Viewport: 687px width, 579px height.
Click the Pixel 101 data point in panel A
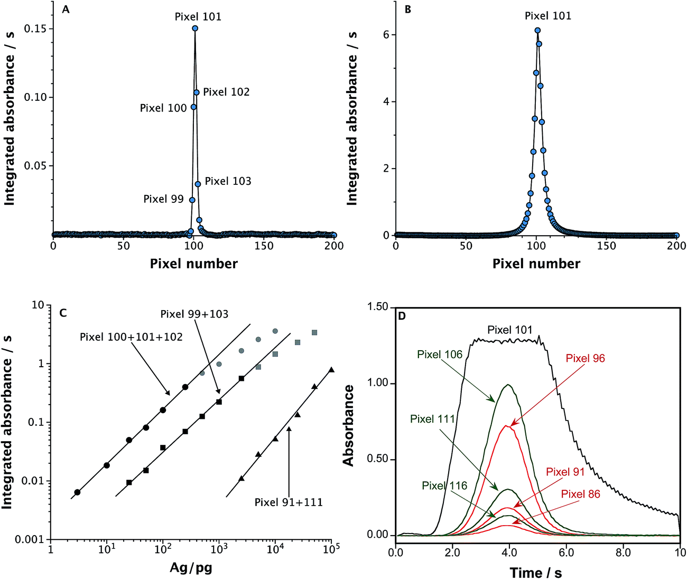click(x=195, y=29)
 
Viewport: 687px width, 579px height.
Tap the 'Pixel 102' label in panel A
click(x=226, y=92)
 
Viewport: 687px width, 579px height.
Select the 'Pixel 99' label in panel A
click(x=163, y=199)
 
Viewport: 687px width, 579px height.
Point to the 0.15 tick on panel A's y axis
click(x=35, y=29)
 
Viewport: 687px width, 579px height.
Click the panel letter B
click(x=407, y=9)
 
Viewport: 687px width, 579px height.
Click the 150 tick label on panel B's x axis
click(x=607, y=246)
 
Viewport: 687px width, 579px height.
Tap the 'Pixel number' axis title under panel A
click(x=193, y=264)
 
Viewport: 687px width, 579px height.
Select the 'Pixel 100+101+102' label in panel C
click(x=131, y=337)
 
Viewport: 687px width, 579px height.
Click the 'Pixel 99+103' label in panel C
click(x=194, y=314)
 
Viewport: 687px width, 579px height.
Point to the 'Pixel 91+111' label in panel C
click(x=289, y=502)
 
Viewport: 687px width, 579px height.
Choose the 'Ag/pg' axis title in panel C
click(x=191, y=568)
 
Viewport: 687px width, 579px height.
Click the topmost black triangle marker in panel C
click(x=331, y=370)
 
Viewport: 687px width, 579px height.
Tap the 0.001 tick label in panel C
click(x=30, y=540)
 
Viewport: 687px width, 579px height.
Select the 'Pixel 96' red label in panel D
click(x=585, y=358)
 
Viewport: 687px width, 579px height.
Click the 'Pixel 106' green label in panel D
click(x=440, y=354)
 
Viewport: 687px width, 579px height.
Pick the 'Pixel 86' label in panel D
click(x=581, y=494)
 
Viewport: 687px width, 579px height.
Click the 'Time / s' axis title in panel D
click(x=535, y=573)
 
